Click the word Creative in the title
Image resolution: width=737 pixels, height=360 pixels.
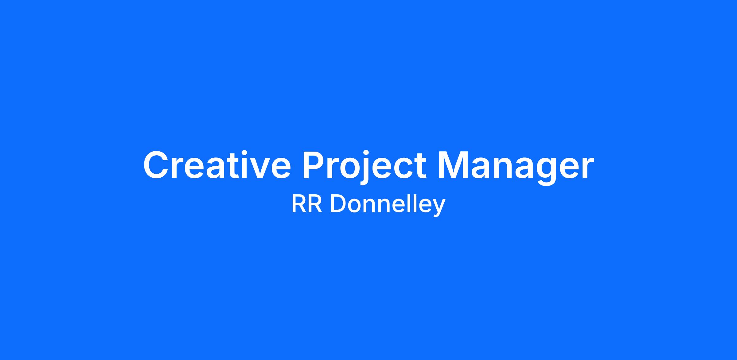(x=217, y=165)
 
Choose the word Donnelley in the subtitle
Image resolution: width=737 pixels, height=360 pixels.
(x=388, y=205)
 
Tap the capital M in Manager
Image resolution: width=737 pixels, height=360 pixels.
(x=453, y=165)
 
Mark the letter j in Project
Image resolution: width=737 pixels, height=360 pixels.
(x=362, y=168)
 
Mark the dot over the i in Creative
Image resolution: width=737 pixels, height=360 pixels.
(x=239, y=153)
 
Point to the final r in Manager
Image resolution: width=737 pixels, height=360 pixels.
(x=587, y=168)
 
